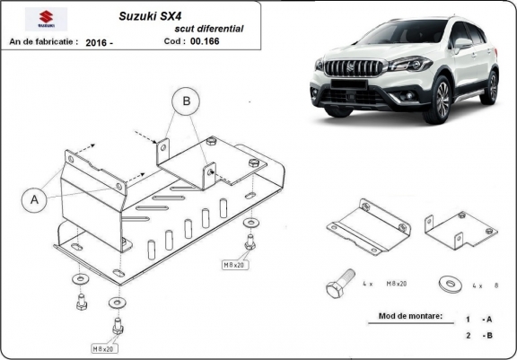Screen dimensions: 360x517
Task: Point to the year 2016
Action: click(101, 41)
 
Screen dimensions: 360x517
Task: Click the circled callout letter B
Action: click(187, 102)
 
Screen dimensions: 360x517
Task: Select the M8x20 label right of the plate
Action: click(235, 266)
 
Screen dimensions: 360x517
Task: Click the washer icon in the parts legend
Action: click(446, 284)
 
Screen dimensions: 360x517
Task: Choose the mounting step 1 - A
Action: click(477, 319)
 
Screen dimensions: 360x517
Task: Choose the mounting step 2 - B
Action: click(477, 335)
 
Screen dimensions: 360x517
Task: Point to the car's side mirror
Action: click(463, 45)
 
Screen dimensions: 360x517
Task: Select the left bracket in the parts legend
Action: click(367, 226)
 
